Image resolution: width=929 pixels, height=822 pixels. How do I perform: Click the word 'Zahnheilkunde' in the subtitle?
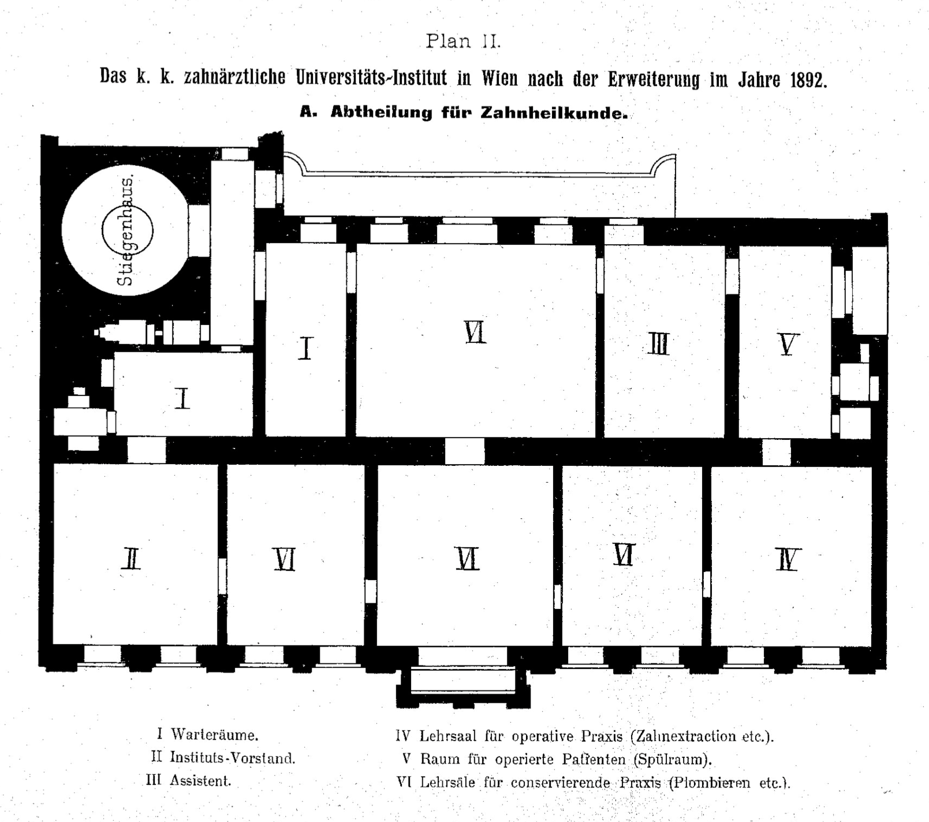click(x=554, y=113)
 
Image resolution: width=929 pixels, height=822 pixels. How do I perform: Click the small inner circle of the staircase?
click(x=128, y=230)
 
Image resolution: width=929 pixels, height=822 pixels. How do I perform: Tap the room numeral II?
click(x=131, y=559)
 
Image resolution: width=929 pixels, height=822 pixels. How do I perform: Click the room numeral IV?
click(x=788, y=559)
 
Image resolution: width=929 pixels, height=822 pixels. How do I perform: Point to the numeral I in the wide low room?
click(x=182, y=399)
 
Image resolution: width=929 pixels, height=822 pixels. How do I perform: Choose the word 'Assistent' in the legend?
click(x=200, y=781)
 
